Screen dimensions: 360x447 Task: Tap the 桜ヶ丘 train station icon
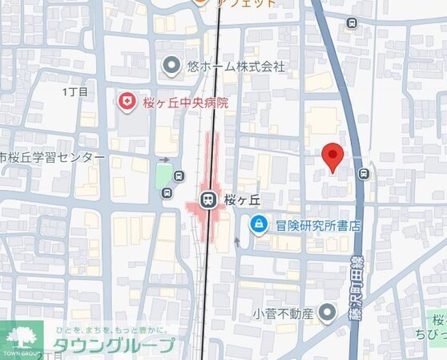(x=207, y=199)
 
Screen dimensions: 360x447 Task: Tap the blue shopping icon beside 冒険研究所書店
(x=259, y=225)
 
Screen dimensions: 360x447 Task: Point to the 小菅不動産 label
(x=284, y=312)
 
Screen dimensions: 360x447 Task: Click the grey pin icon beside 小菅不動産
(x=328, y=312)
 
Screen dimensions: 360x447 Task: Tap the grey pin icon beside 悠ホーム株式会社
(x=171, y=66)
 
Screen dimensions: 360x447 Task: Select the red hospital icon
(x=126, y=101)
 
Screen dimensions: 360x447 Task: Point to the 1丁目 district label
(x=74, y=92)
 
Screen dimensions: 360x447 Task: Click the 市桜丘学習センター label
(x=53, y=158)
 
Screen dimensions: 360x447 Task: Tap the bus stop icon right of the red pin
(x=364, y=173)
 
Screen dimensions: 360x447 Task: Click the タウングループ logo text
(x=113, y=346)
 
